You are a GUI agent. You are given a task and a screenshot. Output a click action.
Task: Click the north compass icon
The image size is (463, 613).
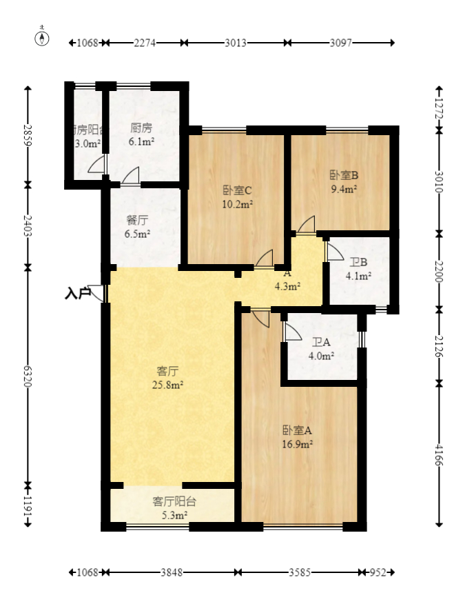43,37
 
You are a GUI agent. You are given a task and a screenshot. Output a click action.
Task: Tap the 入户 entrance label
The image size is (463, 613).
77,294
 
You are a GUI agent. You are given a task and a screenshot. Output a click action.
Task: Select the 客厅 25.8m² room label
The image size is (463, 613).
168,378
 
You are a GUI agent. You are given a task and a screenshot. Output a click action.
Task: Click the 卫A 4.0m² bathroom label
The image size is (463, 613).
321,349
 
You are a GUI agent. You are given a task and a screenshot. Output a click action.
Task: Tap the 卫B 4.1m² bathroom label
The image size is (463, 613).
358,270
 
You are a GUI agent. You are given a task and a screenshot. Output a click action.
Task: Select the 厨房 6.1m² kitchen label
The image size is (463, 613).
141,135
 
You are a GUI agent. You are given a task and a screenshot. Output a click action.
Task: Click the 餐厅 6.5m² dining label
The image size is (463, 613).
137,227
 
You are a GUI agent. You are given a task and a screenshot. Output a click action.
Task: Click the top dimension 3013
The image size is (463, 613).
236,43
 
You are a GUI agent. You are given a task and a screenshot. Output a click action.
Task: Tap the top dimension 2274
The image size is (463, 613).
145,43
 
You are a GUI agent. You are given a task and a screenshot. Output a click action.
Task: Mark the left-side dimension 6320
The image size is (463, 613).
28,376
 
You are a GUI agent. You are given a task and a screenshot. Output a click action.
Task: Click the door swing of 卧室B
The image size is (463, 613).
307,225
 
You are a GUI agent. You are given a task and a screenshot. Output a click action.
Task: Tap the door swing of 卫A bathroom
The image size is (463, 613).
292,331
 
